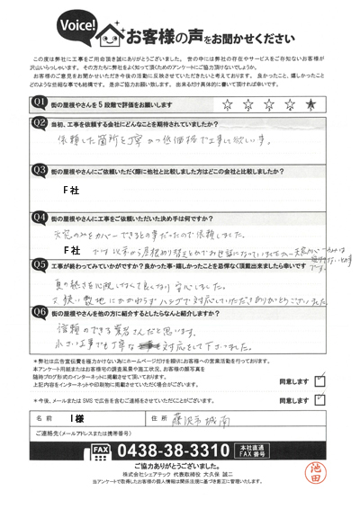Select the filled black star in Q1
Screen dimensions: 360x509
311,103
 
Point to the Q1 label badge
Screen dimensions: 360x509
40,103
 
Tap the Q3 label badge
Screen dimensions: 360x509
40,168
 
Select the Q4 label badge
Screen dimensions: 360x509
40,217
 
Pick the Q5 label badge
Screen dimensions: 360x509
40,265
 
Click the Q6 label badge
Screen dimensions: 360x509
40,314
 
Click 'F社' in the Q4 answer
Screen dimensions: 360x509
71,247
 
